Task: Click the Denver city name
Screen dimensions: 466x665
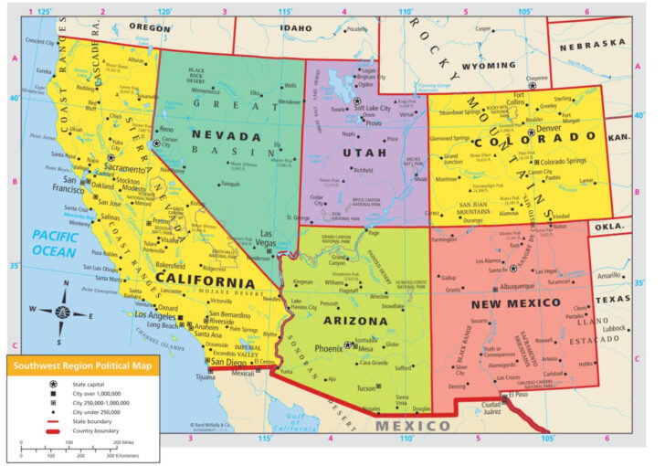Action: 550,130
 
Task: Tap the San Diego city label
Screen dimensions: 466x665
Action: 228,362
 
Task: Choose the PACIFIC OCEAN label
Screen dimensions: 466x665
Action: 54,242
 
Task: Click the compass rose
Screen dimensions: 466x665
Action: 61,311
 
